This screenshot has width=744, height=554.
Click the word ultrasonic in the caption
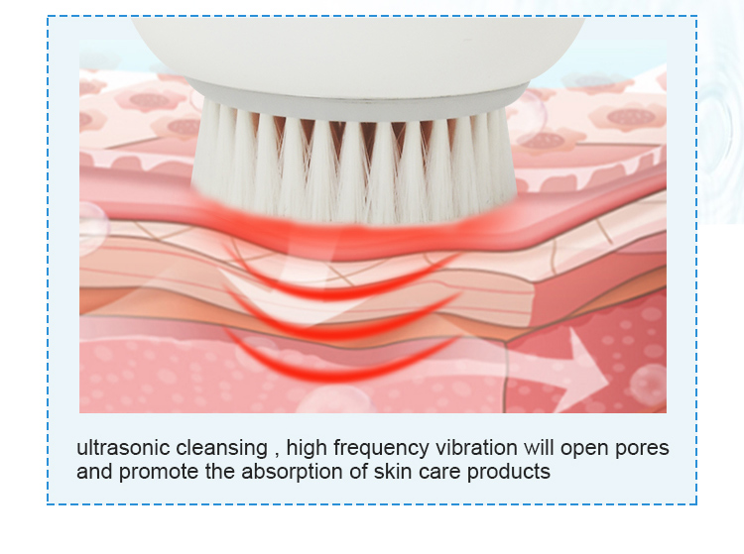coord(123,447)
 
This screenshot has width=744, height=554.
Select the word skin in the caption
coord(392,471)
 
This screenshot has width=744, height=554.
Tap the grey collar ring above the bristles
coord(356,102)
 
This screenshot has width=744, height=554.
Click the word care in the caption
coord(438,473)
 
